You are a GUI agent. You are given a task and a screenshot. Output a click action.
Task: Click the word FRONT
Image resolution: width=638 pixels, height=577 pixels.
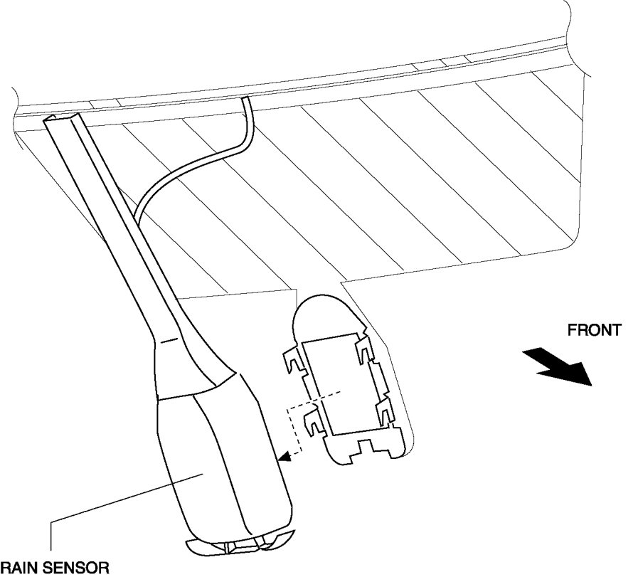point(594,330)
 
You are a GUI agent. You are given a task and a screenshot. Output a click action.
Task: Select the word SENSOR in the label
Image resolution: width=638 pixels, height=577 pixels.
point(80,568)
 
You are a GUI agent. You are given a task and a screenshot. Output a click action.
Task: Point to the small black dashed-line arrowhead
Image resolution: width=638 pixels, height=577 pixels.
point(284,460)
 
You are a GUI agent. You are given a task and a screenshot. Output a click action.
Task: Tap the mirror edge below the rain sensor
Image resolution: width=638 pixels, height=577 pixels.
point(238,545)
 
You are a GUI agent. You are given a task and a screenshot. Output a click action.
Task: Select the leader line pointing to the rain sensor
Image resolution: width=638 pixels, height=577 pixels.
point(121,502)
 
